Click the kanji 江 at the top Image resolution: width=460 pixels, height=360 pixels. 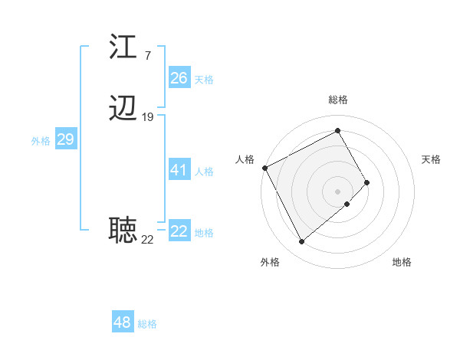(x=123, y=47)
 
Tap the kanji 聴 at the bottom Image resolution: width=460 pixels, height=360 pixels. (x=123, y=229)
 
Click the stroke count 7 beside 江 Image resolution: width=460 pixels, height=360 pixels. (x=147, y=56)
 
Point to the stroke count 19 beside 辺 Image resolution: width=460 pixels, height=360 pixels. (x=148, y=117)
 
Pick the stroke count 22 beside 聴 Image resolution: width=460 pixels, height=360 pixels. (x=147, y=239)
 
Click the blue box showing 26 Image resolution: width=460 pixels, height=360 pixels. (x=179, y=78)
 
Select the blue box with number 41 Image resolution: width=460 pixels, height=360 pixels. (x=179, y=170)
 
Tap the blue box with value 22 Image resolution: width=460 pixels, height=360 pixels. (x=179, y=231)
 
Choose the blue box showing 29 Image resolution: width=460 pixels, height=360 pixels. (x=65, y=139)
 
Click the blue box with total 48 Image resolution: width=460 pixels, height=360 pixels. (x=122, y=322)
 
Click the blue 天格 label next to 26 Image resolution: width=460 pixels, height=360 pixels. (x=204, y=80)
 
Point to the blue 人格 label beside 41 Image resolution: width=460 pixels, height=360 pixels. (x=204, y=172)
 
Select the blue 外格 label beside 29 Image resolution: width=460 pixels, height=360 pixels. (x=40, y=141)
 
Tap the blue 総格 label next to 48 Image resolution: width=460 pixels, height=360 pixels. (x=147, y=324)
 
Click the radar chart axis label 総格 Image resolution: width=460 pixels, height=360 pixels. (x=337, y=100)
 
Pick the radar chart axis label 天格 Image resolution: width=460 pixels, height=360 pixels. (x=432, y=159)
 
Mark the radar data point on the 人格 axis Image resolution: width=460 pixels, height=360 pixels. (x=264, y=167)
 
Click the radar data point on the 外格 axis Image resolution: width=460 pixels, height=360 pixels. (x=301, y=242)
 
